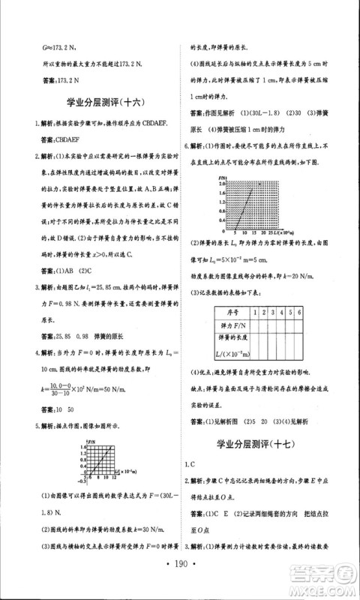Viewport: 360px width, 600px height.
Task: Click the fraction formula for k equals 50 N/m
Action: [75, 389]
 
